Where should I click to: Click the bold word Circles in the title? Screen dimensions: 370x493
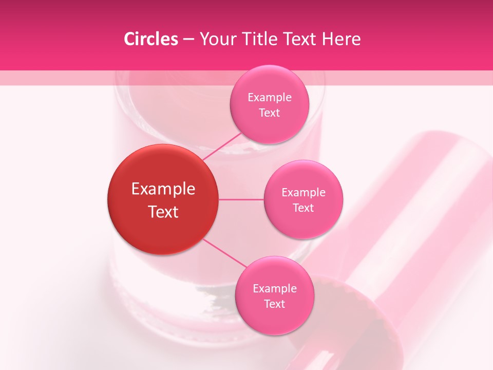(x=151, y=39)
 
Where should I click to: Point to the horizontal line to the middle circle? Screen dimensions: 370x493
(x=241, y=199)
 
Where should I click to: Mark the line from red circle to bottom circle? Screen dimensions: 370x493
(x=224, y=252)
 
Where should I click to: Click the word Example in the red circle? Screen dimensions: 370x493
(x=163, y=189)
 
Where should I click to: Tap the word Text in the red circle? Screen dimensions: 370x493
(x=163, y=212)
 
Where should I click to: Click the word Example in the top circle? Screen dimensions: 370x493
(x=269, y=98)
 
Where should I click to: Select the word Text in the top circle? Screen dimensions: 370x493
(x=269, y=113)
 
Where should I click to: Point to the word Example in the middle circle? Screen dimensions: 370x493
(x=303, y=193)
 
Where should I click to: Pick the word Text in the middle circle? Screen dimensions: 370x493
(x=303, y=208)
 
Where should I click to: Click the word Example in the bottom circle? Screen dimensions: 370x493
(x=274, y=289)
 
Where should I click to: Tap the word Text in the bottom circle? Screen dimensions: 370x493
(x=274, y=304)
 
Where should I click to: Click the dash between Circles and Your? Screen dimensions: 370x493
(x=188, y=40)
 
